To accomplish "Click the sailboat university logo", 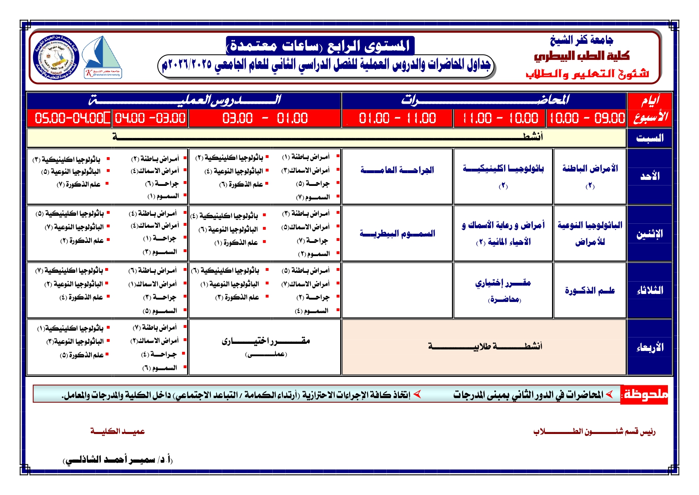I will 103,57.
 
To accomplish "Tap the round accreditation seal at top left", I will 56,57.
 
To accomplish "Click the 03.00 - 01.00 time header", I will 265,118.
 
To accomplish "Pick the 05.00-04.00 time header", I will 69,118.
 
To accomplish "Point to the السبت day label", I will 650,138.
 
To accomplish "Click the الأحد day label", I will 650,176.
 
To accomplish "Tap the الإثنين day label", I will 650,234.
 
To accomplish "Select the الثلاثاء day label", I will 650,290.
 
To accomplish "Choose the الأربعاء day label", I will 650,347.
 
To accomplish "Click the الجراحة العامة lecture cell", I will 397,170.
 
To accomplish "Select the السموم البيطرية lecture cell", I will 397,233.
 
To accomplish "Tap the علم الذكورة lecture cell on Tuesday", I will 589,290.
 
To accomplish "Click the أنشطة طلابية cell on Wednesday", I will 484,346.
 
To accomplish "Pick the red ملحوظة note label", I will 645,394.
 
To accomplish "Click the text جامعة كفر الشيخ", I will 581,40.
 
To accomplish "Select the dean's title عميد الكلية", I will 117,431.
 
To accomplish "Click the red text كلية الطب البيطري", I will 582,56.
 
